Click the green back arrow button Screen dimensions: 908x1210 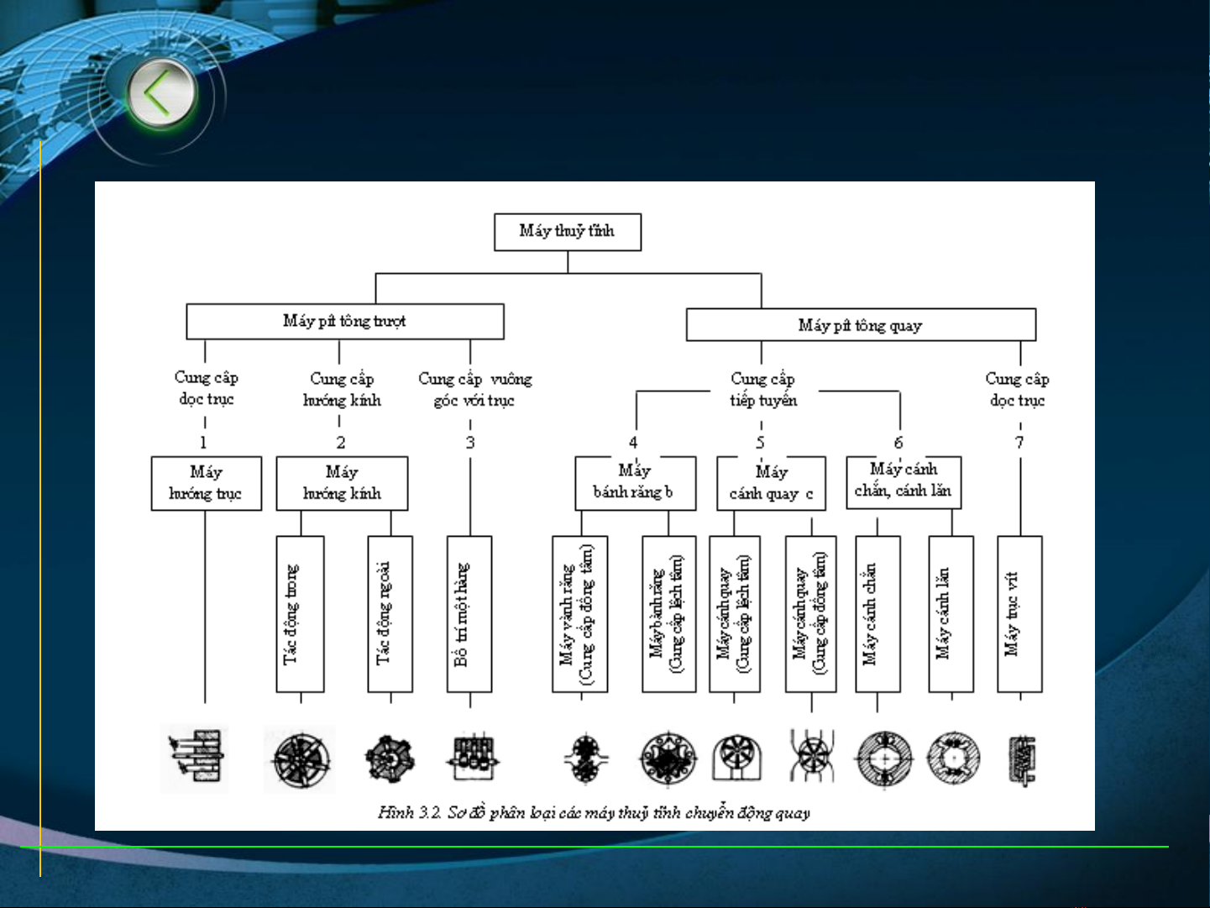click(x=161, y=93)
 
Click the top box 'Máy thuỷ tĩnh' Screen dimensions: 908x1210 click(x=568, y=232)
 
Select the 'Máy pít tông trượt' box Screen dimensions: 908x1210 click(x=345, y=322)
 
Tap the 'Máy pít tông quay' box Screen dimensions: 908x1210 click(x=861, y=325)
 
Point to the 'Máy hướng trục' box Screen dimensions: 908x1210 click(x=206, y=483)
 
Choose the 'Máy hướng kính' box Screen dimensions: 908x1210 click(x=342, y=483)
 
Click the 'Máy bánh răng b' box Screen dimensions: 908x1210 click(x=635, y=483)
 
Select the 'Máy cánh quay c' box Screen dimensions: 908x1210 click(x=771, y=483)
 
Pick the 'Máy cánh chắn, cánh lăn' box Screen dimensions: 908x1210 click(x=904, y=481)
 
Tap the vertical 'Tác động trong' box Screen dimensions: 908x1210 click(x=300, y=614)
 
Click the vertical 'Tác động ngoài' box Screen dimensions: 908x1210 click(x=390, y=614)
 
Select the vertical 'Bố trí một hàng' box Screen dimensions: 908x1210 click(x=469, y=614)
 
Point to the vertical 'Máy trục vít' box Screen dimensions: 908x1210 click(x=1019, y=614)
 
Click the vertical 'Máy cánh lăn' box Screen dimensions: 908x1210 click(x=951, y=614)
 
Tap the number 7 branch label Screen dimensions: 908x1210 click(x=1019, y=443)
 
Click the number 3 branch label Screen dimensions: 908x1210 click(x=470, y=443)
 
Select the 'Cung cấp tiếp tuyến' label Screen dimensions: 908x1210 click(x=762, y=390)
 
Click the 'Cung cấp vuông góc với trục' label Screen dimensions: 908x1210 click(x=474, y=390)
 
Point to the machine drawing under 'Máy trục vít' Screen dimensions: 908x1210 click(x=1022, y=760)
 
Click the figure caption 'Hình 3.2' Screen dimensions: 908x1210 click(x=594, y=812)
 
